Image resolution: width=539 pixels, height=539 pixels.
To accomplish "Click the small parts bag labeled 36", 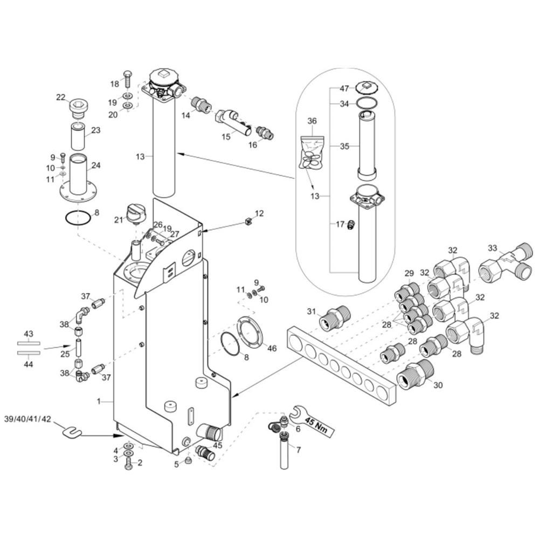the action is [312, 153].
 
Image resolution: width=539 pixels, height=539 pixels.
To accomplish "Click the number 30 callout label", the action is [438, 385].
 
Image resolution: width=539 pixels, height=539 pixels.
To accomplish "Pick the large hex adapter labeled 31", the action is [335, 317].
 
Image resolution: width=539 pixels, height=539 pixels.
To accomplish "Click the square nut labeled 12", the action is [248, 222].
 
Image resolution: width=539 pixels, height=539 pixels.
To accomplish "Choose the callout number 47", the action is [344, 89].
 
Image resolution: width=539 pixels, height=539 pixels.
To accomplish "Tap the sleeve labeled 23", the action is [78, 136].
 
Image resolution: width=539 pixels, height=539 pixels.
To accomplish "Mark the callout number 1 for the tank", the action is [99, 401].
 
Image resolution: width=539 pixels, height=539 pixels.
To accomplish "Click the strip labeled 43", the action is [29, 343].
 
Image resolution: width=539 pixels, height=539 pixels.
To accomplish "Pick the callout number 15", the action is [225, 136].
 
